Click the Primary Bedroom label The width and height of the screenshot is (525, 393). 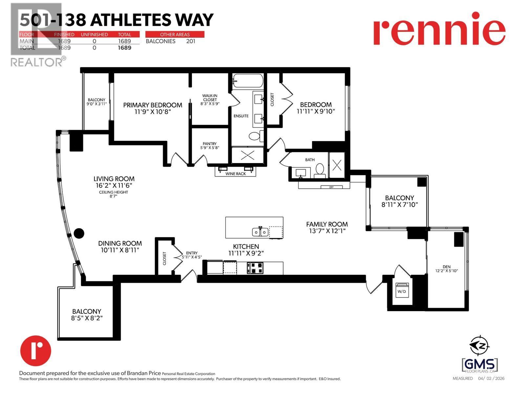click(x=153, y=105)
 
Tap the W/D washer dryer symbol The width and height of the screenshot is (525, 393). click(x=402, y=290)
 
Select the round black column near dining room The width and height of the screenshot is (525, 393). click(x=79, y=234)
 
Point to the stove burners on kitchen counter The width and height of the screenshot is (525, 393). click(x=255, y=268)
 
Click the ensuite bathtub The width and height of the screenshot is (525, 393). click(x=248, y=81)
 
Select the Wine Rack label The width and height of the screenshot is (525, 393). click(x=235, y=174)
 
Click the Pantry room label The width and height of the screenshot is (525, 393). click(x=209, y=144)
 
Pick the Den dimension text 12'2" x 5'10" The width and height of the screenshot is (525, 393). click(x=446, y=271)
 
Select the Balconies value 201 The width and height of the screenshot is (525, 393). click(x=190, y=41)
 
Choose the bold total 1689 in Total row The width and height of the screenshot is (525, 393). click(x=124, y=48)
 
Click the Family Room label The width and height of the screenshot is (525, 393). click(x=327, y=224)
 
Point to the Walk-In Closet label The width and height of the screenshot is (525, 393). click(x=210, y=98)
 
